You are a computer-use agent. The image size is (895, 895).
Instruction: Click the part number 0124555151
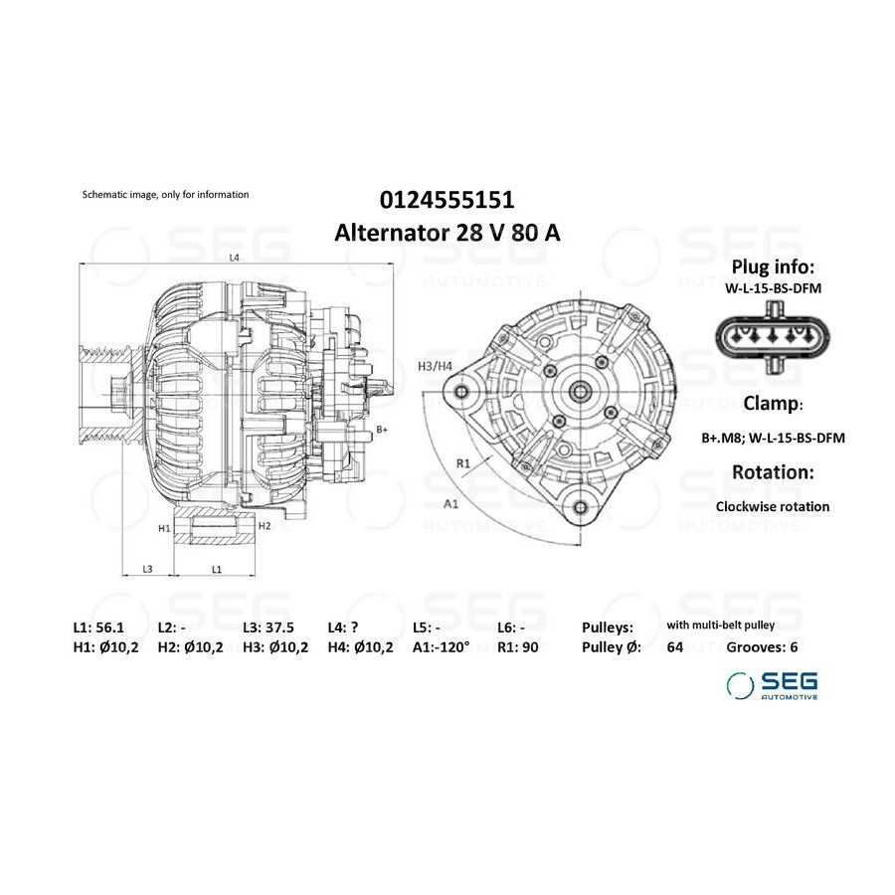pos(447,200)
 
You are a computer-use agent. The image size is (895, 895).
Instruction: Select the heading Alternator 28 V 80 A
pos(447,233)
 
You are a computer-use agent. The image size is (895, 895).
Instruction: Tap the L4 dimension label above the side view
pos(234,258)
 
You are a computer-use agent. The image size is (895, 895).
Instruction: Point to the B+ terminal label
pos(382,430)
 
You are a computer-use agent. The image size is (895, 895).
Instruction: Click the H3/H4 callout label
pos(435,366)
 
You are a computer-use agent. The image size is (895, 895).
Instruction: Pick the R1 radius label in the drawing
pos(462,463)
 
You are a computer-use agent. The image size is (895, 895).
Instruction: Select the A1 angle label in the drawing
pos(450,503)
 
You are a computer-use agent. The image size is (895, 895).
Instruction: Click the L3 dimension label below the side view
pos(147,569)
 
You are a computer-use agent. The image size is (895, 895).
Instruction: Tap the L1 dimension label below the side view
pos(217,569)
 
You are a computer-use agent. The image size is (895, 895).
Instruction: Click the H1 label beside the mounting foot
pos(164,529)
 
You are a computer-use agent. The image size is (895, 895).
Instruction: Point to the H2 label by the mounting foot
pos(265,526)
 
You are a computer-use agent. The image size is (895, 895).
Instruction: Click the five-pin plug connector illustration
pos(773,337)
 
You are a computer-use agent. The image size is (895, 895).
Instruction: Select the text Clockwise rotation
pos(773,506)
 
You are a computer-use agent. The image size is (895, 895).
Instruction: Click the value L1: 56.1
pos(98,627)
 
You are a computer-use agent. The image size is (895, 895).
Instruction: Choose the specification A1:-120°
pos(441,646)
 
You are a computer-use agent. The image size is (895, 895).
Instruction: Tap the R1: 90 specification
pos(518,646)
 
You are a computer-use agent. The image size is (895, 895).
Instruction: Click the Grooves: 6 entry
pos(762,646)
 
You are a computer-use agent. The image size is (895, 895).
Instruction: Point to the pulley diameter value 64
pos(674,646)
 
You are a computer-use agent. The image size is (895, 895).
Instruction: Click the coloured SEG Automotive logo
pos(772,685)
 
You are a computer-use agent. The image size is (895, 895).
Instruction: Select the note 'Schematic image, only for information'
pos(165,195)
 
